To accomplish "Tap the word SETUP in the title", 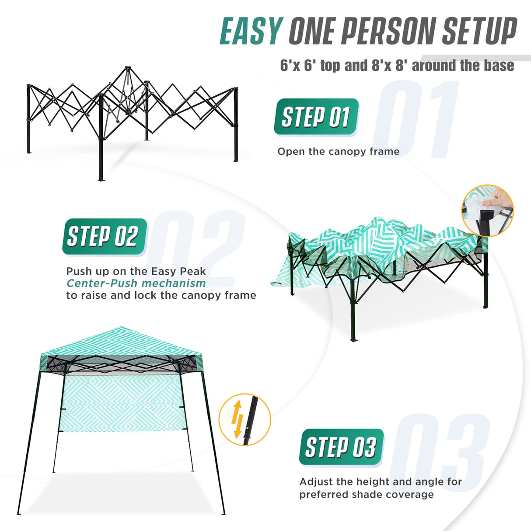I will tap(479, 31).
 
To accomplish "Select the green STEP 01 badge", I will tap(316, 117).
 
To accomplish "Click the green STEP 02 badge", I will tap(104, 236).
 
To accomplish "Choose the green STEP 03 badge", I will tap(341, 447).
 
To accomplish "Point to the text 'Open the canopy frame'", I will tap(338, 151).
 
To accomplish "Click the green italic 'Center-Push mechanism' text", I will tap(136, 283).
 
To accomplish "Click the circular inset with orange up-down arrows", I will tap(244, 419).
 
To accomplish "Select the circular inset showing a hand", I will tap(487, 210).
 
